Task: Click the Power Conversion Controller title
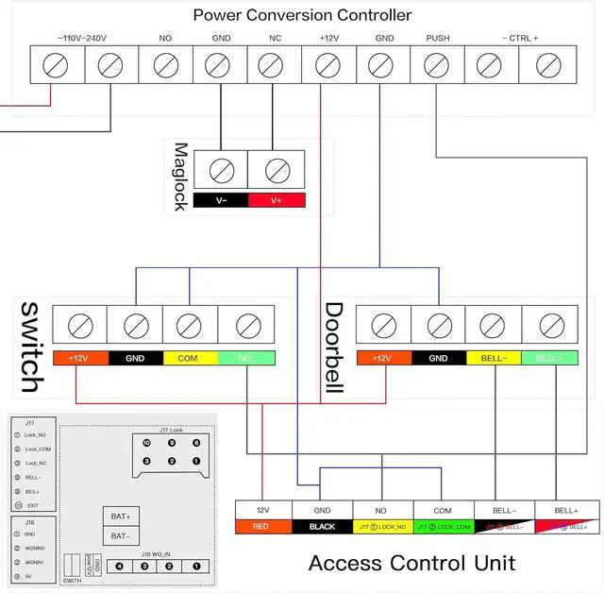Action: click(x=302, y=15)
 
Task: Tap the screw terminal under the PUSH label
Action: click(x=437, y=66)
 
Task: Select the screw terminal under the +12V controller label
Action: click(x=327, y=66)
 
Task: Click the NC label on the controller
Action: click(x=275, y=40)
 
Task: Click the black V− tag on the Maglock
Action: click(x=221, y=200)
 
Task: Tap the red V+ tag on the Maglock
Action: click(x=277, y=200)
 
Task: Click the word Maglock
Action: click(x=181, y=177)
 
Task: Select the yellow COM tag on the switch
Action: click(x=190, y=359)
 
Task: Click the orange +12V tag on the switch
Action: click(x=80, y=359)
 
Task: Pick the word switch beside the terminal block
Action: click(x=30, y=347)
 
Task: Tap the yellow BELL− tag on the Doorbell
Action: click(x=493, y=359)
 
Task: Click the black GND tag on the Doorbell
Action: click(x=438, y=359)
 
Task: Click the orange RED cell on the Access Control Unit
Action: click(x=263, y=526)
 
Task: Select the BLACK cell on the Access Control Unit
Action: click(x=323, y=526)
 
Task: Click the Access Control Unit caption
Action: click(x=411, y=564)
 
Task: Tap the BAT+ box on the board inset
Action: click(x=121, y=517)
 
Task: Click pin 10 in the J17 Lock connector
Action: click(x=147, y=443)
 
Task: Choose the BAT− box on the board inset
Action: click(x=121, y=535)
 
